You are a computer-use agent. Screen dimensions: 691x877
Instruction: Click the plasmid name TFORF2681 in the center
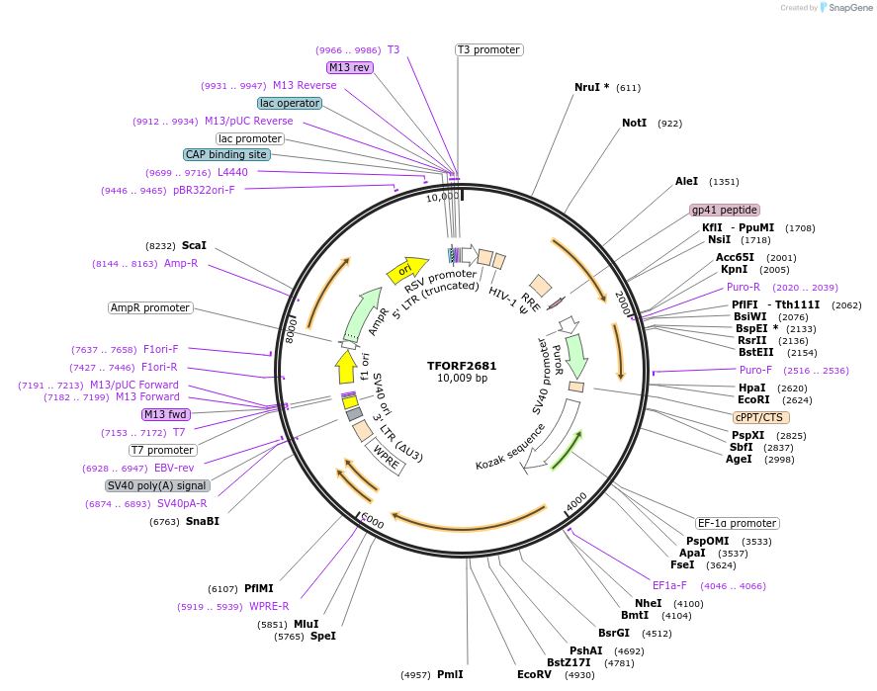click(x=462, y=365)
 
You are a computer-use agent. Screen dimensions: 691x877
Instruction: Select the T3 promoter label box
click(x=488, y=49)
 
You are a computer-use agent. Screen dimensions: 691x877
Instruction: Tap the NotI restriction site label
click(x=634, y=124)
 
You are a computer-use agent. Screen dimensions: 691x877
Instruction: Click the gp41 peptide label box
click(x=725, y=210)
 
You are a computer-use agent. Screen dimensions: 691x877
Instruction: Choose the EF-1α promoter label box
click(x=737, y=523)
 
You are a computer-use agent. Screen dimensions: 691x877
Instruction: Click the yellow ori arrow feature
click(x=405, y=269)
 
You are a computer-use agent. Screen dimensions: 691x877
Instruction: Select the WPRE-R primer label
click(x=269, y=606)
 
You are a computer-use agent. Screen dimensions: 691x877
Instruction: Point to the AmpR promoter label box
click(x=150, y=307)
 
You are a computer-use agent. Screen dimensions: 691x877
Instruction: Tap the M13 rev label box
click(x=350, y=67)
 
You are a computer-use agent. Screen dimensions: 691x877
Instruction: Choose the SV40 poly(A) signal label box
click(x=157, y=485)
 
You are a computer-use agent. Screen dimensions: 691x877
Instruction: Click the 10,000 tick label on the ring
click(x=442, y=197)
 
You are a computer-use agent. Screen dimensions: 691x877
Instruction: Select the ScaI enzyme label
click(x=194, y=245)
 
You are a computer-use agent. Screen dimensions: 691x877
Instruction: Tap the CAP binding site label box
click(x=226, y=154)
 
